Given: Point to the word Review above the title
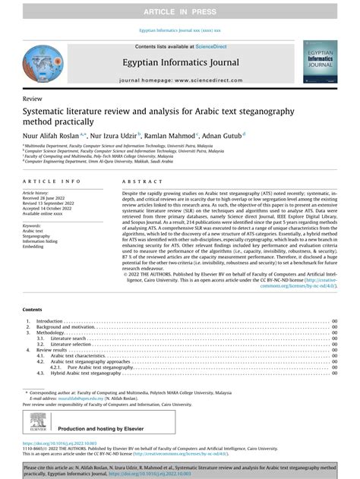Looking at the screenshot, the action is coord(33,99).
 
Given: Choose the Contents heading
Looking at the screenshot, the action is coord(33,331).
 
